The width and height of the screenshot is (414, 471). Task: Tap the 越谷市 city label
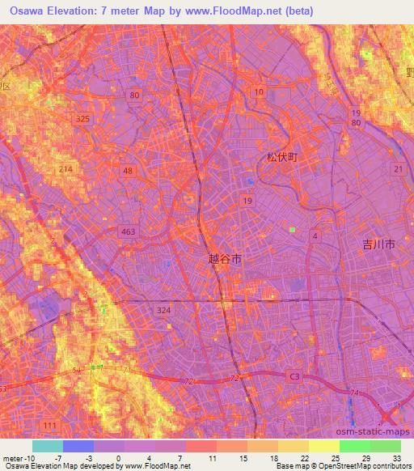(225, 257)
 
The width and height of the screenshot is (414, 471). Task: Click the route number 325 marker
(82, 119)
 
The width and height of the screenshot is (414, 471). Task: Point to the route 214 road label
(66, 168)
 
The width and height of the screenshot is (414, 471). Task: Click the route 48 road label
(128, 171)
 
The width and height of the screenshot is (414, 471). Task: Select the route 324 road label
(163, 310)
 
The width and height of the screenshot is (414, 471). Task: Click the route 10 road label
(259, 93)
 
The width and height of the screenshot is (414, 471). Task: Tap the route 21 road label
(398, 168)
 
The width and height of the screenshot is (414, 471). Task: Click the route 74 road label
(353, 392)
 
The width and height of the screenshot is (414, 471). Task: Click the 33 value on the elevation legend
(397, 457)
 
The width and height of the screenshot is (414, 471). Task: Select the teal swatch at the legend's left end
(47, 446)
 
